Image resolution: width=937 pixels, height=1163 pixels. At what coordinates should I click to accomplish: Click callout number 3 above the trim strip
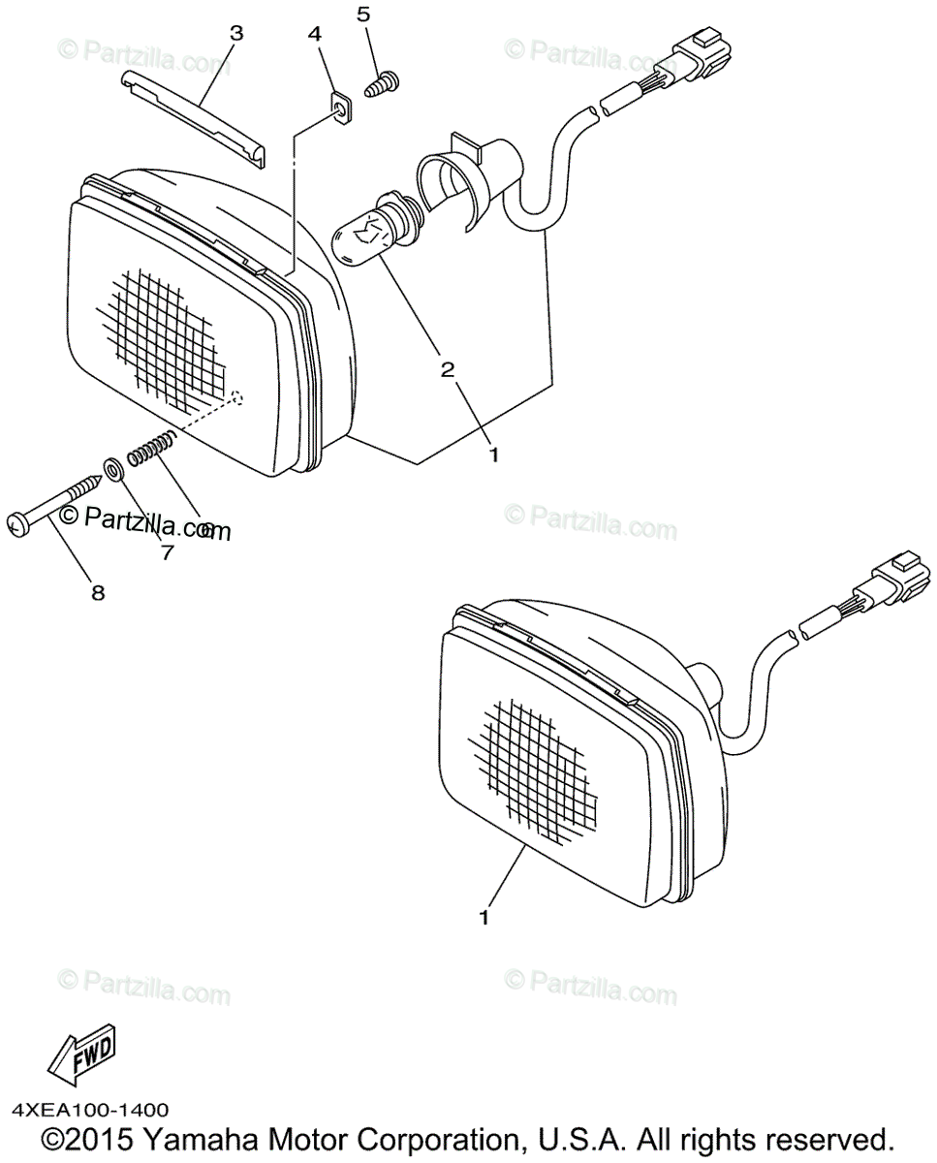[236, 34]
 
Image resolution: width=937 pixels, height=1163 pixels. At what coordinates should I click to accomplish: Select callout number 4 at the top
[314, 34]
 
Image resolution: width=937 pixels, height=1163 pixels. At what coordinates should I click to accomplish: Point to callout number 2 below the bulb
[448, 369]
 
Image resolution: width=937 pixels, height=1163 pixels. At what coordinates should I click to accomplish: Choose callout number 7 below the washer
[167, 553]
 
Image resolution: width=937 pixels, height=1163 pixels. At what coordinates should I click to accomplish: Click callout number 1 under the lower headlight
[484, 915]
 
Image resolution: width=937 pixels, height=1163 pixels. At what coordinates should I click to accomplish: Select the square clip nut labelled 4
[340, 105]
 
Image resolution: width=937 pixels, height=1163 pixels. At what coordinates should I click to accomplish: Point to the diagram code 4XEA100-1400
[91, 1111]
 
